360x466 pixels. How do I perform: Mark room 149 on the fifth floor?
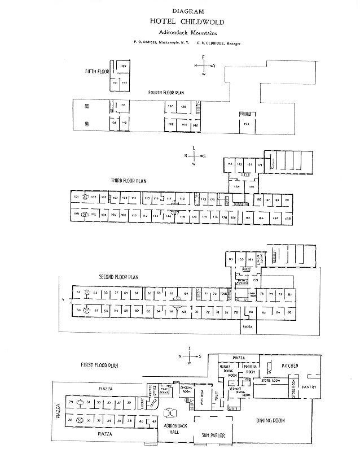click(x=123, y=67)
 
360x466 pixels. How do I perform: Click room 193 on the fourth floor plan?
click(x=247, y=123)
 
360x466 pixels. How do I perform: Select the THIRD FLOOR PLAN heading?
click(x=129, y=181)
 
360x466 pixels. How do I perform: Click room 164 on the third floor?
click(x=237, y=186)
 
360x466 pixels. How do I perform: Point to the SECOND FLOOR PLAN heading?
click(x=118, y=277)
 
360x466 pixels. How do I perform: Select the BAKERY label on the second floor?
click(x=247, y=325)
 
